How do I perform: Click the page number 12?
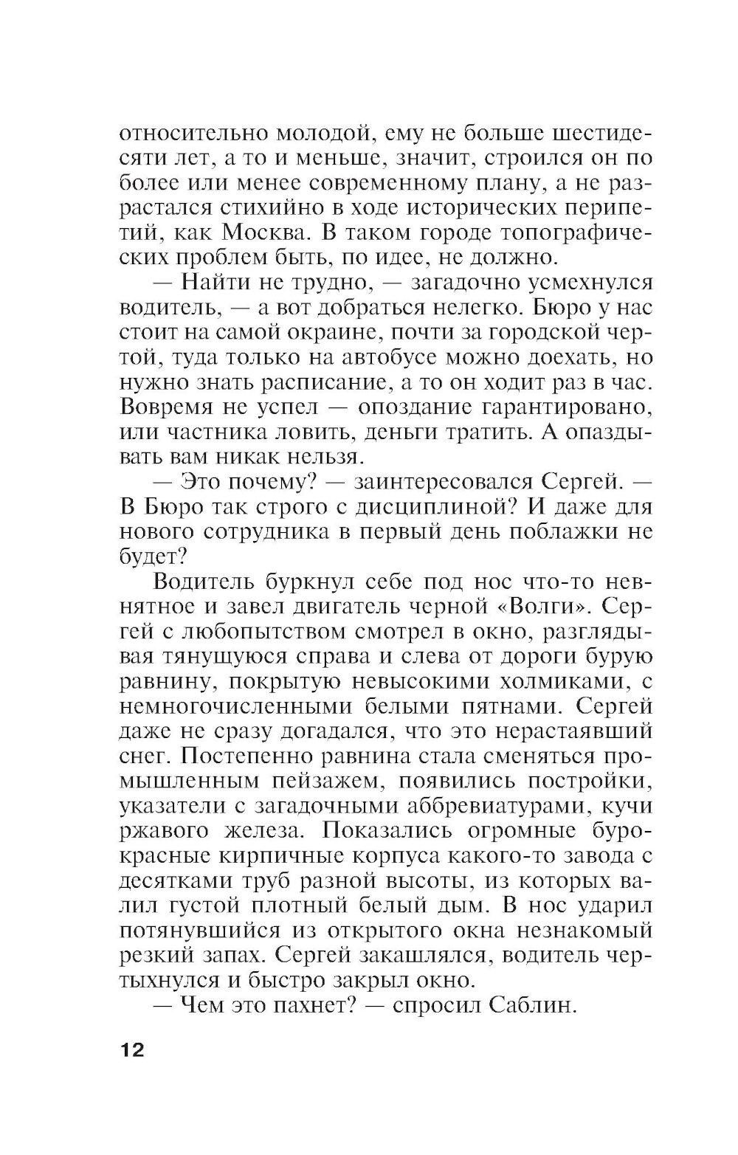[x=133, y=1050]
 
